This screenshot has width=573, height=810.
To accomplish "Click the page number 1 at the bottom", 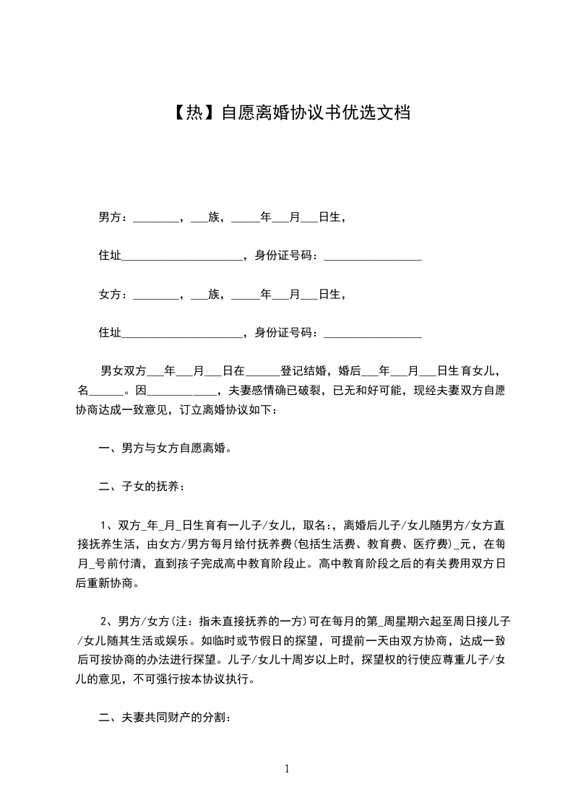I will tap(287, 769).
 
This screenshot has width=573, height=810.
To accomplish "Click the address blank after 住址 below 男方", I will tap(181, 257).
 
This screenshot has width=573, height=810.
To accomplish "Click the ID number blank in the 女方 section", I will tap(372, 335).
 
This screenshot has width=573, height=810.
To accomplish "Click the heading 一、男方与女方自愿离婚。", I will tap(165, 448).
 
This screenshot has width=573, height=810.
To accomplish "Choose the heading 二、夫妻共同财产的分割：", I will tap(165, 718).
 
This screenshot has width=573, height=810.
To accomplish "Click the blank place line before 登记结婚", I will tap(263, 373).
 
